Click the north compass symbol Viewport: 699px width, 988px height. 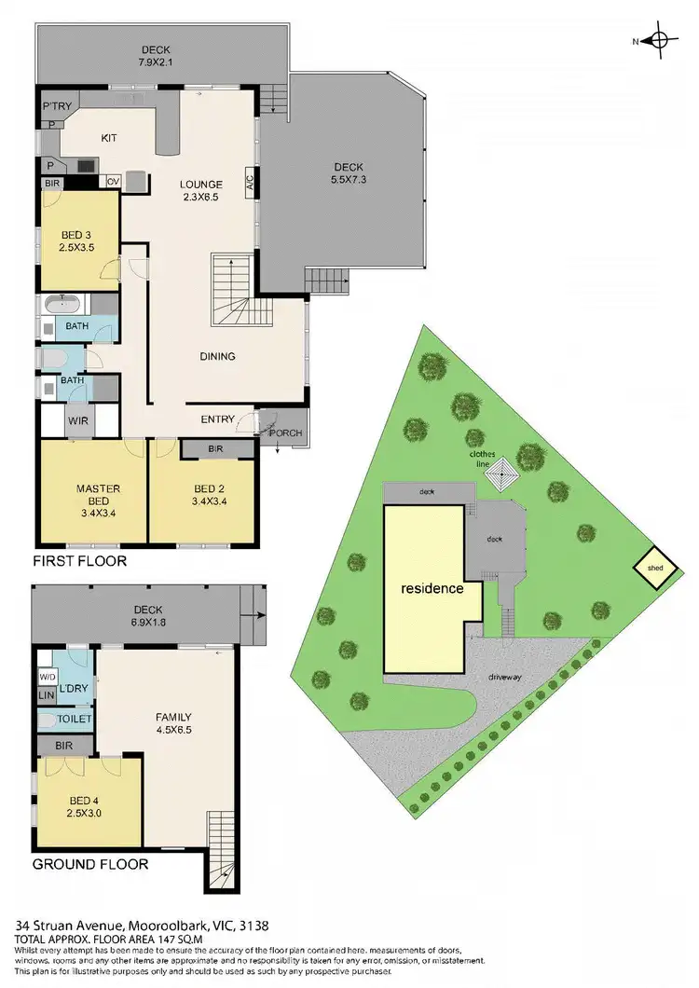click(x=659, y=40)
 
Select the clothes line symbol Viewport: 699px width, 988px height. click(x=502, y=474)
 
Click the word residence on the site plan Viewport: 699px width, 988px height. click(x=432, y=589)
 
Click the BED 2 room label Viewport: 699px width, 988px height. click(x=202, y=495)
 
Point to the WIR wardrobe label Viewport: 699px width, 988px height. click(x=77, y=420)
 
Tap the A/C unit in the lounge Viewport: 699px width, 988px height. click(x=250, y=181)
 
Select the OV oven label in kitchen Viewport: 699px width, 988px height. click(x=114, y=182)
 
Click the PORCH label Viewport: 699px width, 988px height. click(x=285, y=433)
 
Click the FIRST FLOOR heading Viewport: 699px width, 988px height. click(x=78, y=561)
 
